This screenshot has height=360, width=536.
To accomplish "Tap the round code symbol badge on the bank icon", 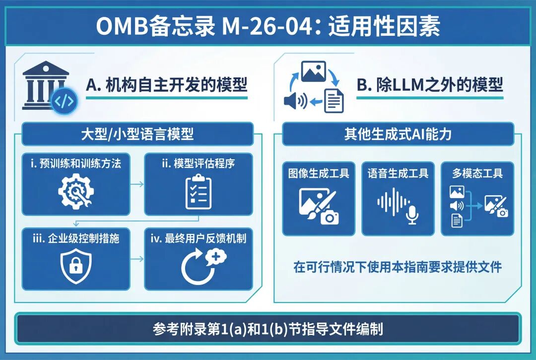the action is click(x=64, y=101).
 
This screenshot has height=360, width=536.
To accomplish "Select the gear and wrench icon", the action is click(x=76, y=191).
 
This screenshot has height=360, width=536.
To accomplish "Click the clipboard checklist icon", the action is click(x=198, y=192).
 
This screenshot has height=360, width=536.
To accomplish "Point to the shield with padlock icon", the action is click(x=76, y=266).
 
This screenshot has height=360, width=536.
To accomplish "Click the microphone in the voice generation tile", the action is click(x=412, y=215).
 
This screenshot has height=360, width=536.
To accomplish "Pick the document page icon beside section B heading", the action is click(x=334, y=100).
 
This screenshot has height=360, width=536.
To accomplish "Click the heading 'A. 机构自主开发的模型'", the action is click(x=166, y=85).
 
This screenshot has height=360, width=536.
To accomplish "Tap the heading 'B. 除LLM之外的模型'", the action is click(x=430, y=85).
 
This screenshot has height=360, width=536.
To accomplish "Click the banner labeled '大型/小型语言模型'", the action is click(x=137, y=134).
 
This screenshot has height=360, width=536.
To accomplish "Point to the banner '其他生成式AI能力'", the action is click(x=398, y=134).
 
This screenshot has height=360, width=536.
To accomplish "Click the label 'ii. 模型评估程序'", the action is click(x=198, y=163).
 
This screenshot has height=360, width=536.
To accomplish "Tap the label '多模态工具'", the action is click(x=477, y=173).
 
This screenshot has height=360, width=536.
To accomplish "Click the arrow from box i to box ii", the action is click(x=137, y=184).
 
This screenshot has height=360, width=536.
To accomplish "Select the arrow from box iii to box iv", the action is click(x=137, y=259).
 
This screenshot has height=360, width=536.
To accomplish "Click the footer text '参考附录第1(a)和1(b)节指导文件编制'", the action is click(x=268, y=329).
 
